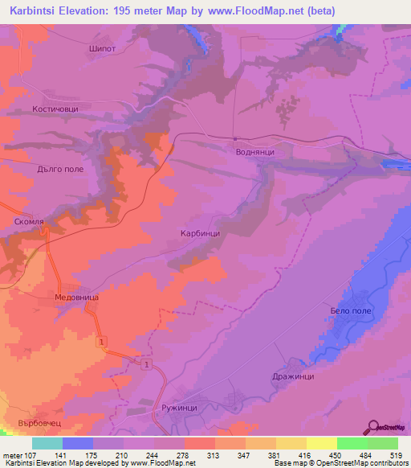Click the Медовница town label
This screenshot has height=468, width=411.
[x=75, y=297]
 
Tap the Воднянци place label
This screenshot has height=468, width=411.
[x=255, y=151]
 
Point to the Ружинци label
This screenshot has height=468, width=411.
[x=179, y=408]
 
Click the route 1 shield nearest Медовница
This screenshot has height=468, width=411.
[x=100, y=343]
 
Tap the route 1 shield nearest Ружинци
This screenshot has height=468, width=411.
[x=147, y=365]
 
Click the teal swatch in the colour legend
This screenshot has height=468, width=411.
[x=47, y=443]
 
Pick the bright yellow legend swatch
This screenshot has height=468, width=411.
[x=322, y=443]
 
